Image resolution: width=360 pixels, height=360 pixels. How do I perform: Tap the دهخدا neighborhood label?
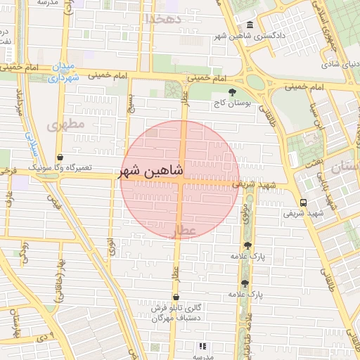(162, 19)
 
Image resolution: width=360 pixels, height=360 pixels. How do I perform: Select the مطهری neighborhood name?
(66, 124)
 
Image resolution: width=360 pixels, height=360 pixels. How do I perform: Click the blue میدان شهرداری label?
(63, 72)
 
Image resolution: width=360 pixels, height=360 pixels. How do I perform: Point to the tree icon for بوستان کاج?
(233, 91)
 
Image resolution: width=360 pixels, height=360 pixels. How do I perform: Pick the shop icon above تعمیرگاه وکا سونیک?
(59, 157)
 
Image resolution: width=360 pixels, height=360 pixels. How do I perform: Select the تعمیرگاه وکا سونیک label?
(60, 169)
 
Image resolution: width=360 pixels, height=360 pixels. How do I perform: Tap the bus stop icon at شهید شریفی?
(303, 202)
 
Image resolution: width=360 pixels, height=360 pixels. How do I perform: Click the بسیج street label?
(130, 103)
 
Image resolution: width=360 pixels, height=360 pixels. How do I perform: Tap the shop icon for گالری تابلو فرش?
(175, 297)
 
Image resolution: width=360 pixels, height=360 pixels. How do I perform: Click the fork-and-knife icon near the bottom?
(202, 346)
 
